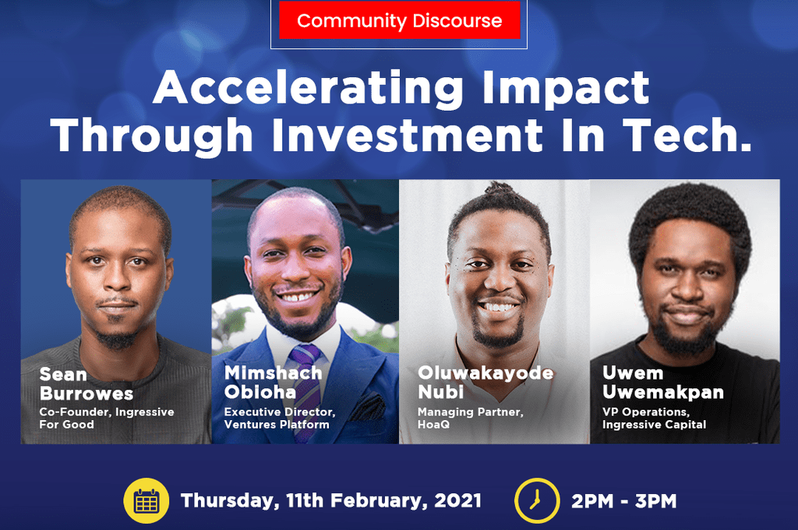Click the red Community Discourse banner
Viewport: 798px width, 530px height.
pos(400,19)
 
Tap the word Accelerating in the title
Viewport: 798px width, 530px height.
pos(308,89)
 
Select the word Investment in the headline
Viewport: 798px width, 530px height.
pos(408,135)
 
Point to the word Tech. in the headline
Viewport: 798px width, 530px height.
pos(687,135)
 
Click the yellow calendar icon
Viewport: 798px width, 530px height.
pos(146,500)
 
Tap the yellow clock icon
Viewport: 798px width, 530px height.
pos(536,500)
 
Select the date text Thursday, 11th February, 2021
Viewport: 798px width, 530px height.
pos(330,501)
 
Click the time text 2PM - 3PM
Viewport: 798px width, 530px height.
pos(624,501)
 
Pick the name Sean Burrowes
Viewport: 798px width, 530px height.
pos(87,384)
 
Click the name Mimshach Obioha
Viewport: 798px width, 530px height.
pos(274,382)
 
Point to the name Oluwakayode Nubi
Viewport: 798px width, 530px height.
pos(486,382)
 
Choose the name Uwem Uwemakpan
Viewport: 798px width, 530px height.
pos(663,382)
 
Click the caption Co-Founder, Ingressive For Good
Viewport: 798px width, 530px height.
pos(107,418)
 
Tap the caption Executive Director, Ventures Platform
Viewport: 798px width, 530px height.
pos(280,418)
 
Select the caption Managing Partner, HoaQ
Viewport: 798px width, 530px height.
pos(471,418)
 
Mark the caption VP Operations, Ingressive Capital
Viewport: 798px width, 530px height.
pos(655,418)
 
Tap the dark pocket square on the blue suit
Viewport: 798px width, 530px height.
pos(368,408)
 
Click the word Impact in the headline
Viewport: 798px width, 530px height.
pos(566,89)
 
